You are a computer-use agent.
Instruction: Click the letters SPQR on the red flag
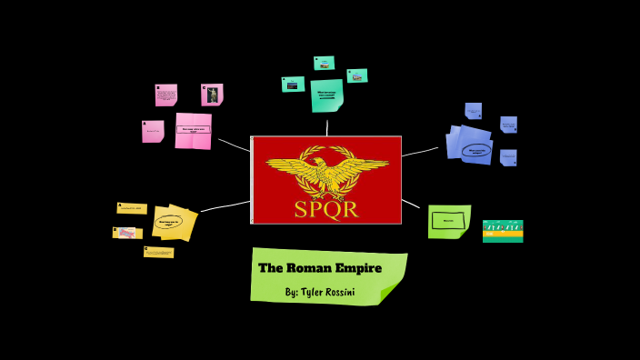click(325, 209)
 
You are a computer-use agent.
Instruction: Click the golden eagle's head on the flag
click(317, 165)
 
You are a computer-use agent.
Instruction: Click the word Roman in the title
click(313, 267)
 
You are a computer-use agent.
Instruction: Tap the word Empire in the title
click(360, 267)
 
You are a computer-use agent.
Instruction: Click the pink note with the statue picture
click(212, 95)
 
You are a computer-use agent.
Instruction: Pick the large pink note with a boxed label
click(193, 130)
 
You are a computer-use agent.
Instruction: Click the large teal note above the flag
click(326, 95)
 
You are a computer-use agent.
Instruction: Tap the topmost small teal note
click(324, 63)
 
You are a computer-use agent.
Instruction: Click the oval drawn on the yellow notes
click(169, 221)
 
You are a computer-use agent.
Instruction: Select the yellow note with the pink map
click(127, 233)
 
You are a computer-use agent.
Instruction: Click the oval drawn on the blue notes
click(477, 151)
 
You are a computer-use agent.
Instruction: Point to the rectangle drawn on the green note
click(448, 220)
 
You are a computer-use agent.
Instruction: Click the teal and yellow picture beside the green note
click(503, 231)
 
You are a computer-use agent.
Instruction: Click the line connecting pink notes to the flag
click(234, 145)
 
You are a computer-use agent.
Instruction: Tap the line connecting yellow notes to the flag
click(225, 205)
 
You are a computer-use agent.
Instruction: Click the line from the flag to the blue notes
click(420, 151)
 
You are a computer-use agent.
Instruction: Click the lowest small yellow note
click(158, 252)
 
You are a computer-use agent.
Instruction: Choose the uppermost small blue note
click(473, 111)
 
